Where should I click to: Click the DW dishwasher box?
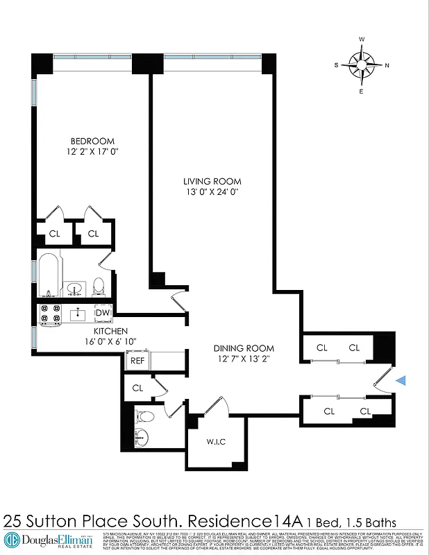point(103,313)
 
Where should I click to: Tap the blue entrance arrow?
point(401,379)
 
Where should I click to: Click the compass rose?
point(361,65)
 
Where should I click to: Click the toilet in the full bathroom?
point(99,285)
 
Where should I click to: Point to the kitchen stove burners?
point(50,314)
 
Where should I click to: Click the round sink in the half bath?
point(142,438)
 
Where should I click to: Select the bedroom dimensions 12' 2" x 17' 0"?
point(87,151)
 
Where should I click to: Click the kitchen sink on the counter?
point(78,314)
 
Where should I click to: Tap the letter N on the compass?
point(387,65)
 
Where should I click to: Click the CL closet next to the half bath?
point(137,388)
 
